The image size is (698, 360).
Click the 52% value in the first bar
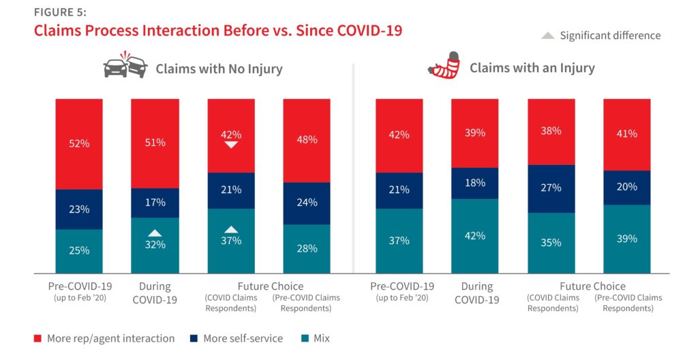click(x=79, y=144)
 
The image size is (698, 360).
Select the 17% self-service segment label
click(x=155, y=202)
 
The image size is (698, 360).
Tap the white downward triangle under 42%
click(x=231, y=145)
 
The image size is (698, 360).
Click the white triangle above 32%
click(x=155, y=232)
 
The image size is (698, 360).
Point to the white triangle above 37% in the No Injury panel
click(x=231, y=229)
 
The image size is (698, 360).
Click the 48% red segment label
click(x=307, y=140)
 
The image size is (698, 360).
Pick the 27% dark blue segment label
click(x=551, y=187)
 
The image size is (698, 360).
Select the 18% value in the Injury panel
click(x=475, y=183)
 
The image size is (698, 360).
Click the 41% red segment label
click(x=626, y=134)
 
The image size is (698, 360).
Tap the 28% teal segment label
click(x=307, y=248)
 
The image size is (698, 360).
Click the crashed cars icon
click(x=125, y=67)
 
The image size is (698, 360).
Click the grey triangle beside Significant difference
click(x=547, y=35)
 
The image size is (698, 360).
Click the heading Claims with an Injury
click(x=532, y=67)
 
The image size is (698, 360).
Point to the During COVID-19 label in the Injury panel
click(x=475, y=292)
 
